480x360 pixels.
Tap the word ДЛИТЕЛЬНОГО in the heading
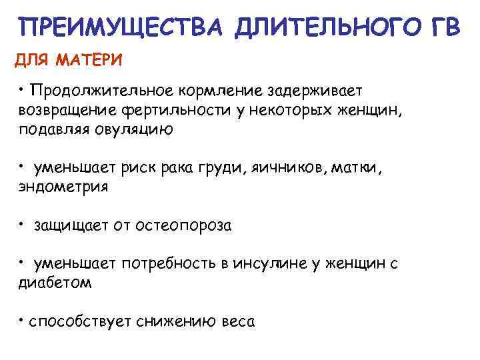[x=321, y=28]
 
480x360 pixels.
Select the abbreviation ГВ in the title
[x=441, y=28]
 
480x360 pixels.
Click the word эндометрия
[x=63, y=187]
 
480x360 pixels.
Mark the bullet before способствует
[x=21, y=319]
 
